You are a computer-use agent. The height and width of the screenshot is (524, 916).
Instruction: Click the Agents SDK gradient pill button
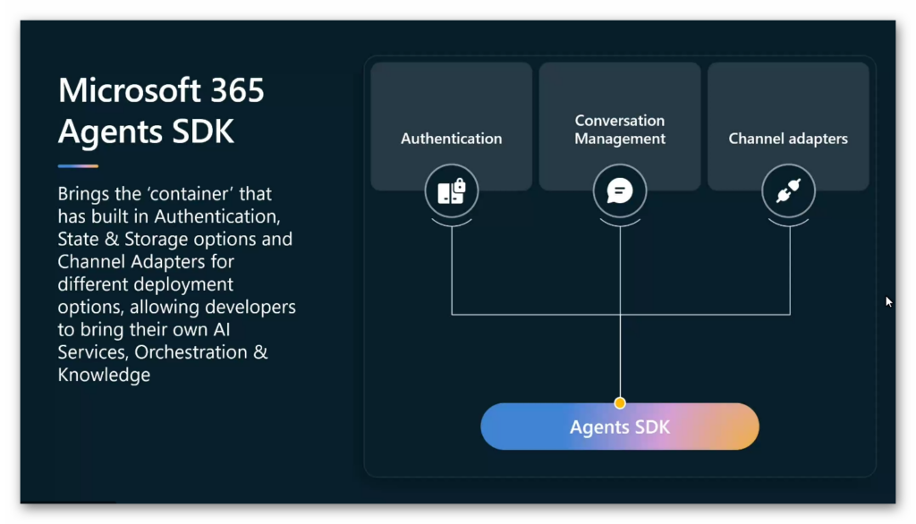[620, 427]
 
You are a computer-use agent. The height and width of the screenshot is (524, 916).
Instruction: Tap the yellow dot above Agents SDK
[620, 403]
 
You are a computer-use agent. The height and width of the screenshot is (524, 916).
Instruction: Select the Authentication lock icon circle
[452, 191]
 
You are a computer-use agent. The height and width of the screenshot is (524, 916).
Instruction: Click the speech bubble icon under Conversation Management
[620, 191]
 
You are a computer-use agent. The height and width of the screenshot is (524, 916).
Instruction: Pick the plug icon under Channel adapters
[788, 191]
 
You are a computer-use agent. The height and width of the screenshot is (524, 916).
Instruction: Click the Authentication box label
[452, 139]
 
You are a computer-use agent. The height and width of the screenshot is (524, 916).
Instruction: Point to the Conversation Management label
[620, 129]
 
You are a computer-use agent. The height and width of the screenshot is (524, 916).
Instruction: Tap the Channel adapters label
[788, 139]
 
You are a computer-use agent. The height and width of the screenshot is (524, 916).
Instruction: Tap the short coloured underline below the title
[78, 166]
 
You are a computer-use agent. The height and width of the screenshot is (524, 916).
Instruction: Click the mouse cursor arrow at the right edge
[888, 301]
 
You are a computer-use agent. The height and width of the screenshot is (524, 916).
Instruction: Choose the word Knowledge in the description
[104, 375]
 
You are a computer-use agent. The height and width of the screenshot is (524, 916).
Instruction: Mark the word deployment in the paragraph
[191, 284]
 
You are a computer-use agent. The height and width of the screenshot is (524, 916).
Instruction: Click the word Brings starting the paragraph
[83, 194]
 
